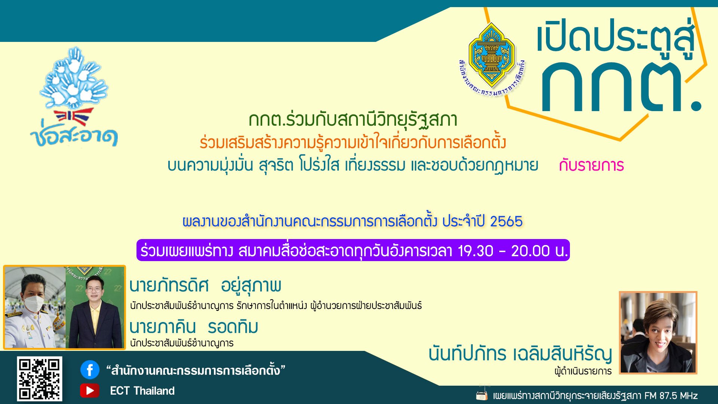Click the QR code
click(x=40, y=379)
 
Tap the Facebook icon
click(x=90, y=370)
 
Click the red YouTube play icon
click(x=90, y=391)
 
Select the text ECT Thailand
click(x=142, y=391)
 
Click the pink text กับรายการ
click(x=591, y=165)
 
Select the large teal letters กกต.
click(x=621, y=87)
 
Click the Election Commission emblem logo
click(x=491, y=59)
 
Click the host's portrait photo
click(x=658, y=333)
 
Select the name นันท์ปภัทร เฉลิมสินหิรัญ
click(x=520, y=354)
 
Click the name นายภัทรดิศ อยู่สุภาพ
click(x=205, y=286)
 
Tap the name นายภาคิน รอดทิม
click(x=194, y=327)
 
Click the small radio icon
click(x=482, y=394)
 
